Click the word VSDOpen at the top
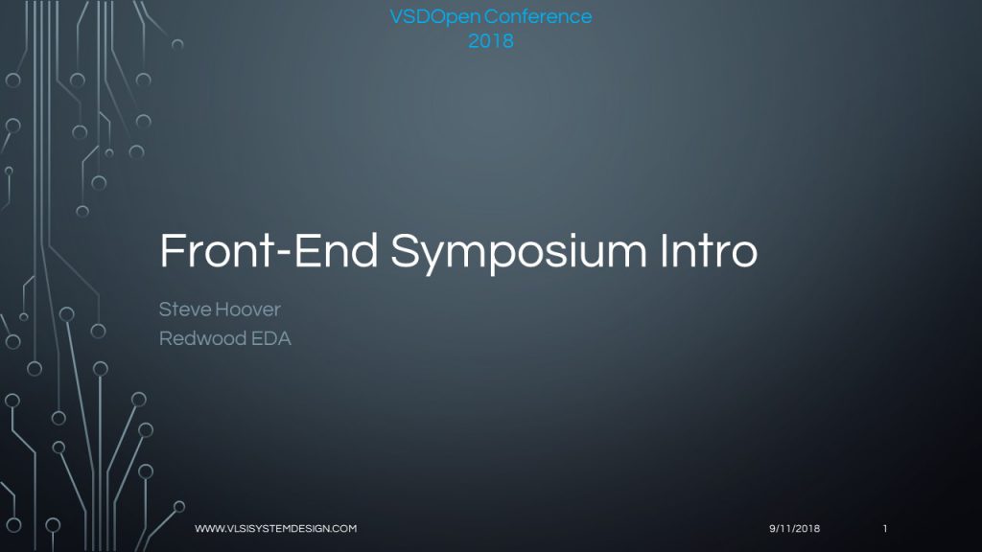434,17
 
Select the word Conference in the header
538,16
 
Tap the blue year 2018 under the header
491,41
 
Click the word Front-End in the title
269,251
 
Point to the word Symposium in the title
519,253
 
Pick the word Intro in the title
709,251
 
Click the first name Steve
185,310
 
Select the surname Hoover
247,310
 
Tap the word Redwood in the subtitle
202,338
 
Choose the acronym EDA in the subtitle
271,338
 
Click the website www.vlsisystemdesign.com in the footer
275,529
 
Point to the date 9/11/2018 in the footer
794,529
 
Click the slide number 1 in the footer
885,529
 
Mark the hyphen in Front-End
283,253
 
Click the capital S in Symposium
406,250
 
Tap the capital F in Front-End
173,251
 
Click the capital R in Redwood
165,338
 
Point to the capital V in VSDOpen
398,17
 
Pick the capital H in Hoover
222,310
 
